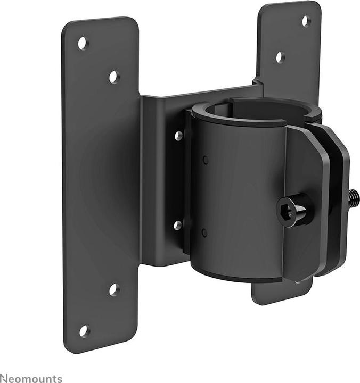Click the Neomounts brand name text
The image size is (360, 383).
point(31,378)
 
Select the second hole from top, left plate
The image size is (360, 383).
point(114,77)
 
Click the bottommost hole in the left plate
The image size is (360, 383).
point(84,331)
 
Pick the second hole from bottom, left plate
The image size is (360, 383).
point(113,290)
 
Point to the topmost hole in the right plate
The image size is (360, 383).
point(306,21)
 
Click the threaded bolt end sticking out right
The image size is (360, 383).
point(353,199)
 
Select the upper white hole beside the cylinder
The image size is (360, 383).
point(178,136)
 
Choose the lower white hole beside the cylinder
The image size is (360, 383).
point(178,225)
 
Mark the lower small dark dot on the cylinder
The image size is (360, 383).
point(204,232)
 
